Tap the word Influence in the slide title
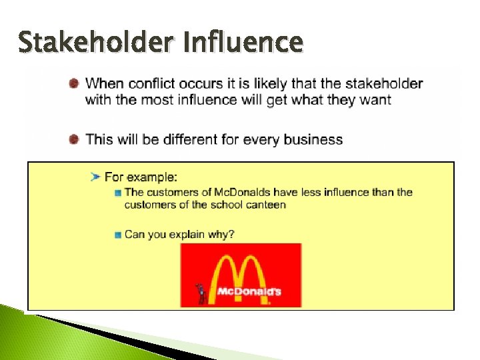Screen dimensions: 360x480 243,43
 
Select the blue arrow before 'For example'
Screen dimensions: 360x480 95,176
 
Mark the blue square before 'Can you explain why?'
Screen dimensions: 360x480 117,234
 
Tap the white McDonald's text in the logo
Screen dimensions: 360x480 249,291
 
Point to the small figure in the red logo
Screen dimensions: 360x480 199,293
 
